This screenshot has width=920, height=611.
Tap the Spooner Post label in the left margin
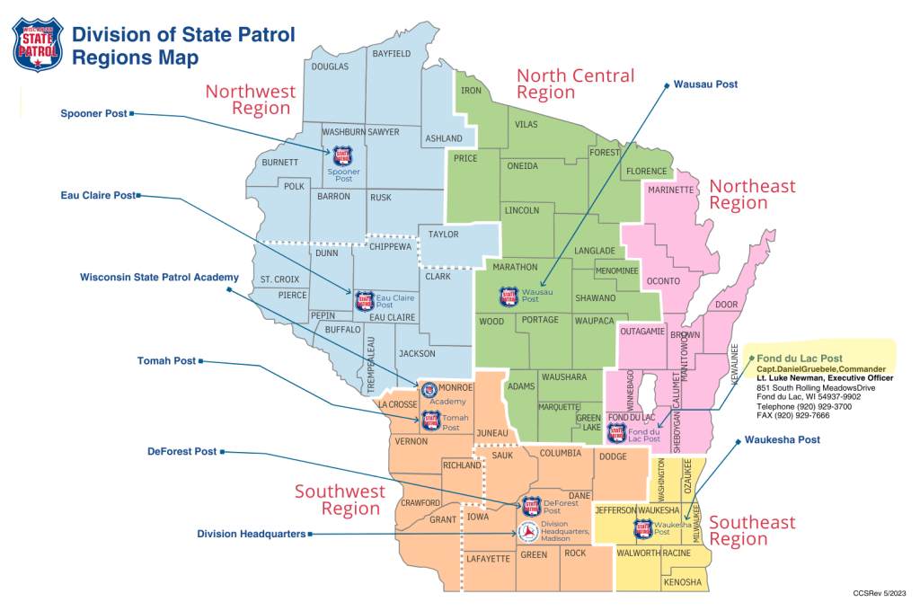click(93, 114)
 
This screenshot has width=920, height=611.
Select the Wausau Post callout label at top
click(705, 84)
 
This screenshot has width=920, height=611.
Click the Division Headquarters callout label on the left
click(251, 534)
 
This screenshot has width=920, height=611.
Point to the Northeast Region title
click(752, 194)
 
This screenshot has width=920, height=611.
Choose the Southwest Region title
click(340, 500)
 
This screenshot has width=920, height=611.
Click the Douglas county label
click(330, 66)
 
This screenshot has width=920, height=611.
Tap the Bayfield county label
click(391, 54)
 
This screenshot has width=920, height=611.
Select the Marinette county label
click(671, 190)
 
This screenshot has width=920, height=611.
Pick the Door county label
click(725, 305)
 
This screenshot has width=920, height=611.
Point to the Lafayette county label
click(489, 559)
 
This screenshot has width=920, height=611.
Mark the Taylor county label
click(444, 235)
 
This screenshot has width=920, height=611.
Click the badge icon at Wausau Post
click(509, 295)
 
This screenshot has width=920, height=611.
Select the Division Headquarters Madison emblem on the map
click(527, 532)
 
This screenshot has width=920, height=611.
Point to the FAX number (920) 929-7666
click(793, 417)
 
